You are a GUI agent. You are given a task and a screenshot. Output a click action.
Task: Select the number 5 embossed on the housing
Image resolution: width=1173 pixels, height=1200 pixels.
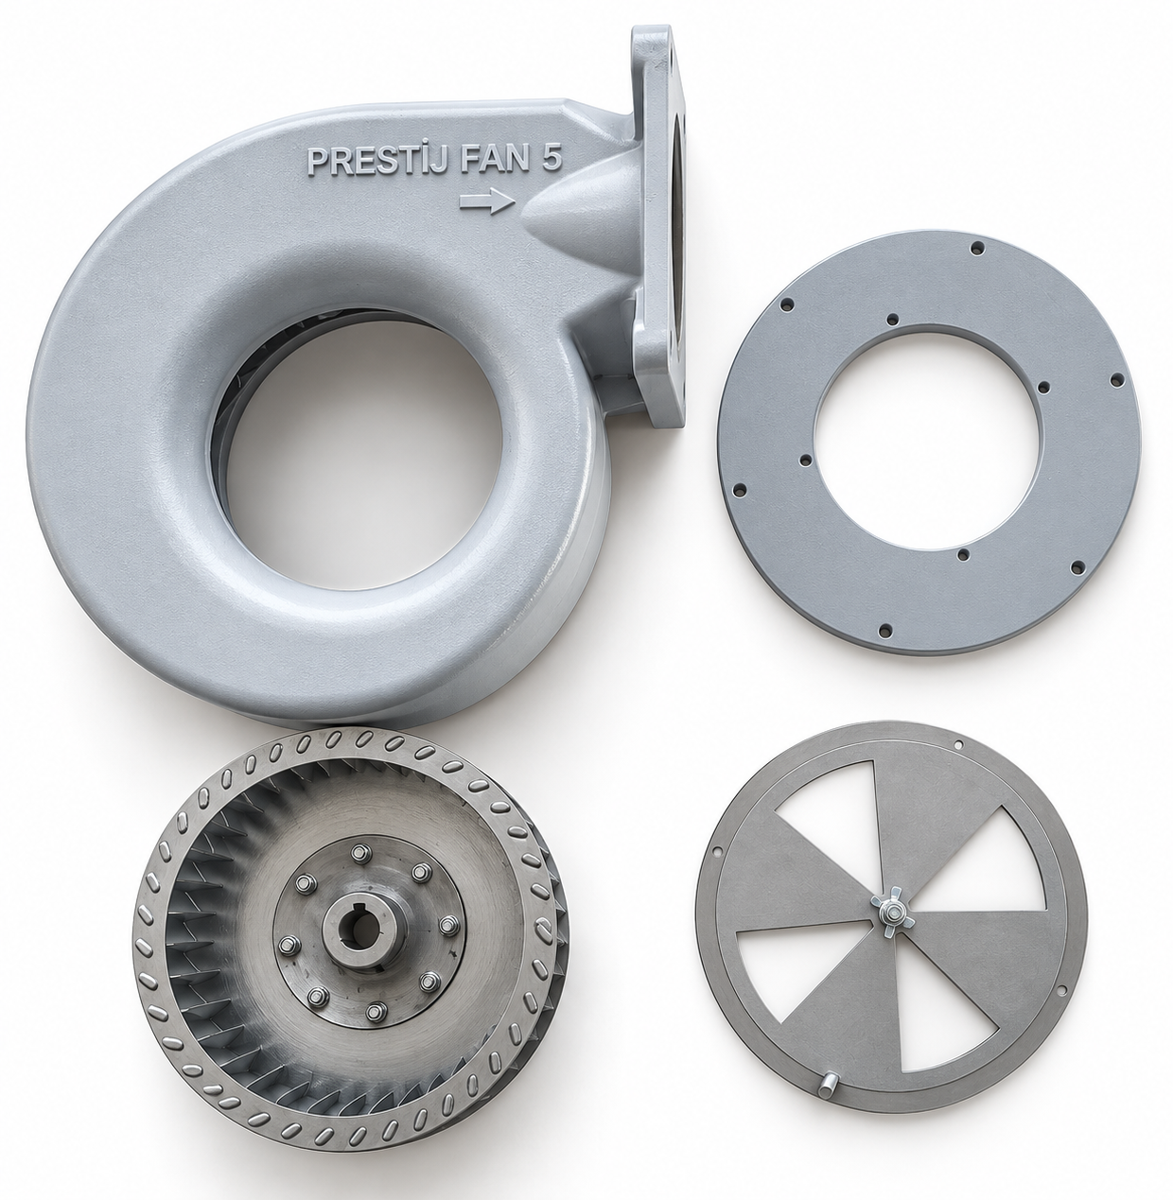tap(551, 159)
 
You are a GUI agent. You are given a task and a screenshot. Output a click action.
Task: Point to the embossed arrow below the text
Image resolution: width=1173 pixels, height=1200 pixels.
tap(487, 201)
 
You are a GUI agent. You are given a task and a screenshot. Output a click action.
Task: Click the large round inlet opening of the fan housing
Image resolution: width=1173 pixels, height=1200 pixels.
tap(362, 450)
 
